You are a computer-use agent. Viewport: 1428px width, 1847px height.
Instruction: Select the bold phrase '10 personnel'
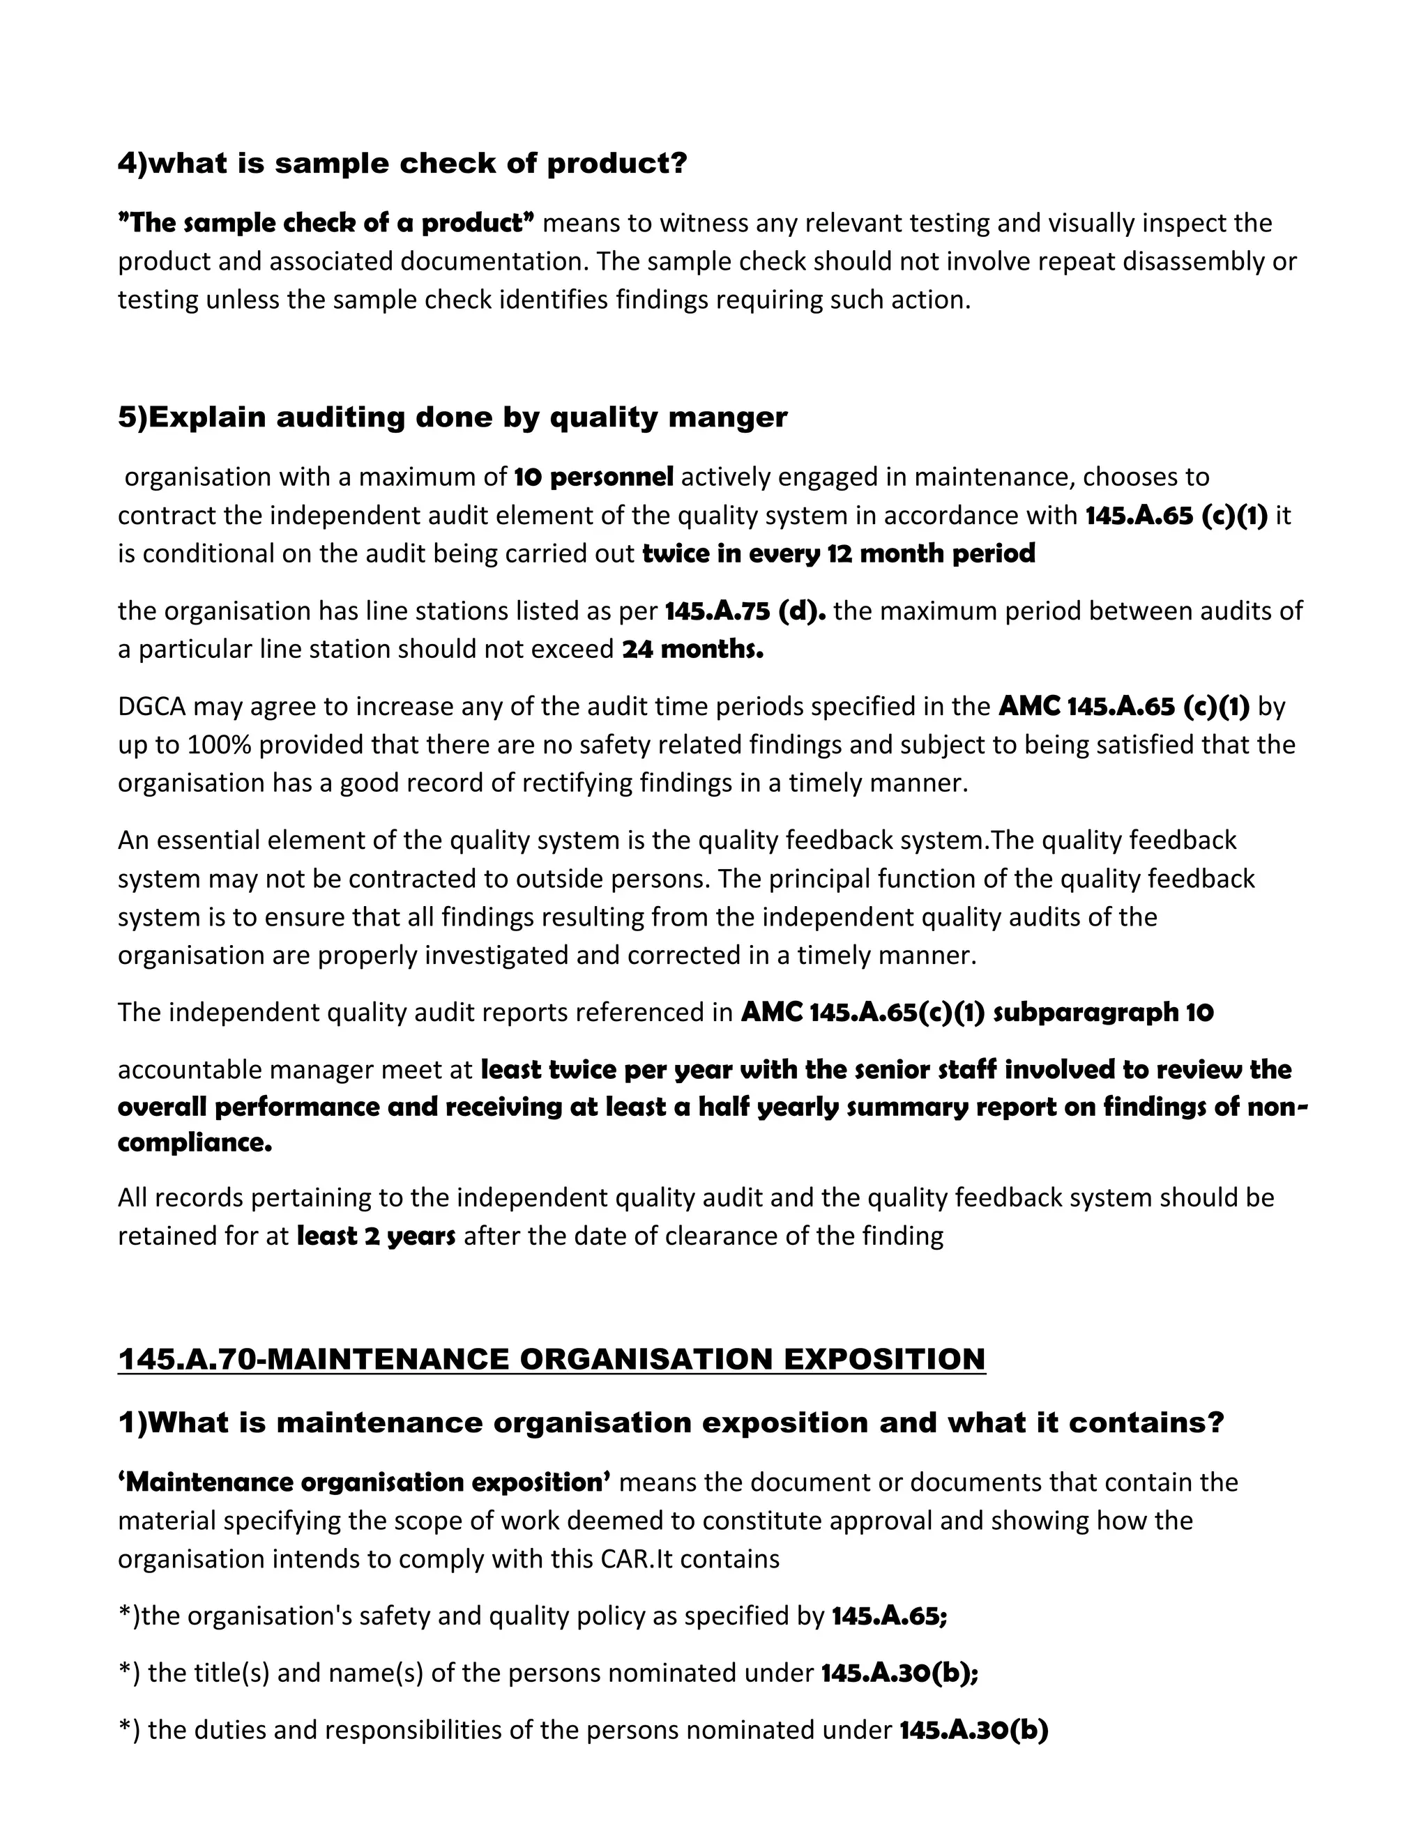593,477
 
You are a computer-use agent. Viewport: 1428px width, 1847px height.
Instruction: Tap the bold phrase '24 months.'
692,650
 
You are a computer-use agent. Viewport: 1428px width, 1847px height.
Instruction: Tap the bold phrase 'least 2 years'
376,1236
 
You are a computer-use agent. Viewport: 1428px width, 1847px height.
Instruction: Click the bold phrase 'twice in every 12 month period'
838,553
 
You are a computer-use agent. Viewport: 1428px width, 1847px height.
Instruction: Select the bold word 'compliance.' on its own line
195,1142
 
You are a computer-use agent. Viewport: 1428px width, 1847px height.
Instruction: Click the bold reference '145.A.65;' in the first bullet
889,1616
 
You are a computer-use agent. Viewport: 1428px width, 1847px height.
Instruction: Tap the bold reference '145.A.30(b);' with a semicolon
899,1673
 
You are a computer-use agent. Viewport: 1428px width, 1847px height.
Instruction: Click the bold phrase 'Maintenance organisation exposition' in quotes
365,1482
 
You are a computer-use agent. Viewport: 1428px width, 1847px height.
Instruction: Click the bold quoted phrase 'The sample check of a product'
326,222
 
